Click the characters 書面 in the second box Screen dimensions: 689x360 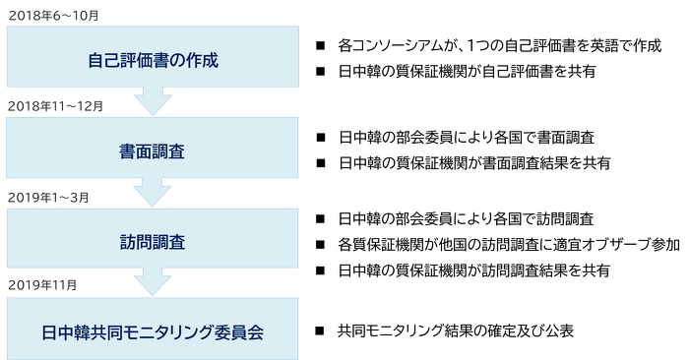(136, 151)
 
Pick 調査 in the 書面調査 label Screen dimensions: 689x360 (168, 151)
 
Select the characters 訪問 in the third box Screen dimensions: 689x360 (136, 241)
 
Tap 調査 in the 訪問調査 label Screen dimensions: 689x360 (168, 241)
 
